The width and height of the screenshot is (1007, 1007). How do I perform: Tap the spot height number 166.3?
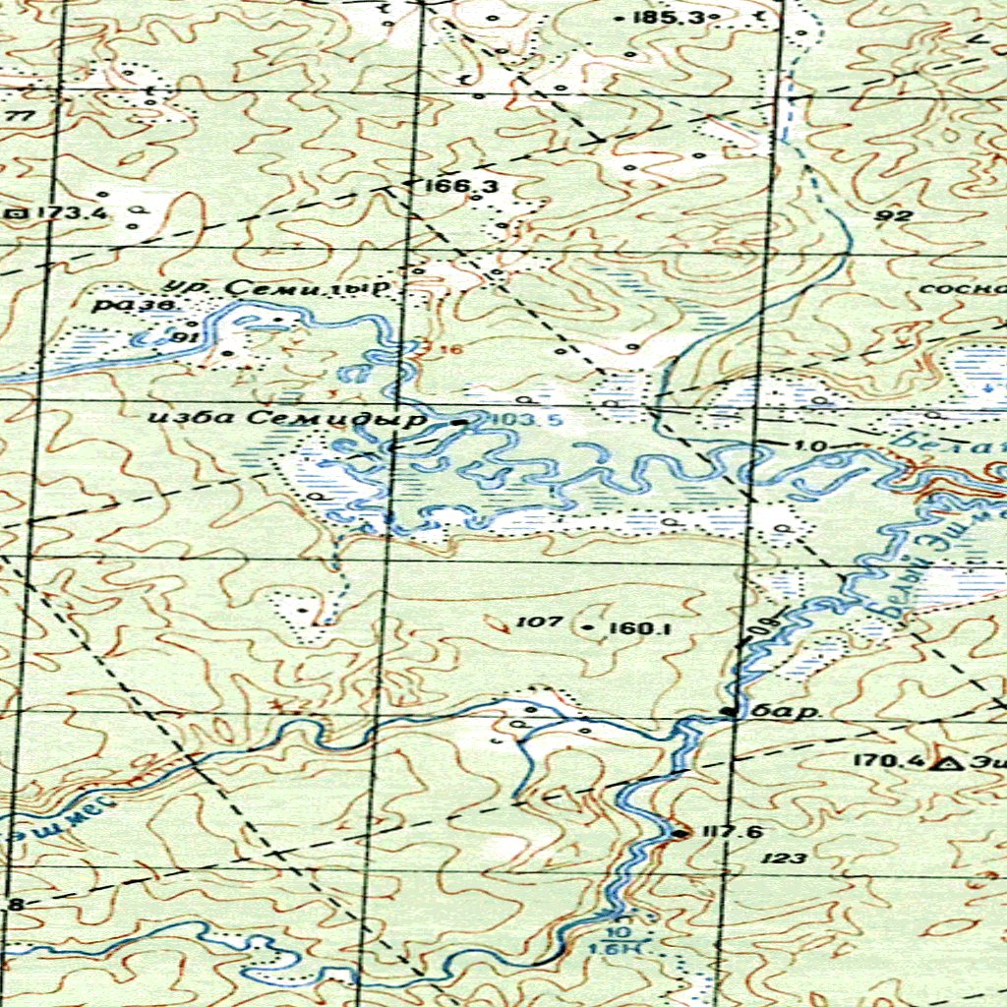pyautogui.click(x=449, y=185)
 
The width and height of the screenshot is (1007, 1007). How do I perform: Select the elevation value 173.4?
pyautogui.click(x=60, y=212)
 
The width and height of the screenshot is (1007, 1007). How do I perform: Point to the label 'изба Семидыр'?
pyautogui.click(x=288, y=418)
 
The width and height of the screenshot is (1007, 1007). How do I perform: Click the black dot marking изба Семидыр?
pyautogui.click(x=462, y=422)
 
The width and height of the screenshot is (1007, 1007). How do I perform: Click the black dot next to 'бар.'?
pyautogui.click(x=728, y=711)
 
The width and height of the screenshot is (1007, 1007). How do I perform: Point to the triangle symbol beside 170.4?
pyautogui.click(x=948, y=763)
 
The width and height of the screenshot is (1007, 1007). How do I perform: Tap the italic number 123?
pyautogui.click(x=784, y=859)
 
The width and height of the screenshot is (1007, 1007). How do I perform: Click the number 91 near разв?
pyautogui.click(x=180, y=337)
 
